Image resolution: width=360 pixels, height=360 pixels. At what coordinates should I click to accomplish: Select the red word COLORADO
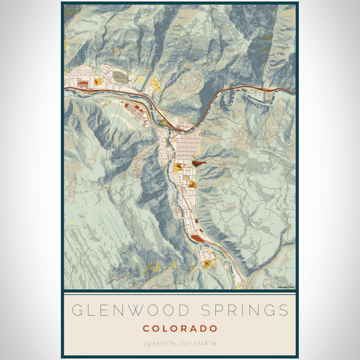pos(180,328)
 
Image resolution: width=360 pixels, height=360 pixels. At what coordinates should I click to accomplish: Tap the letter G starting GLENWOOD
pos(76,311)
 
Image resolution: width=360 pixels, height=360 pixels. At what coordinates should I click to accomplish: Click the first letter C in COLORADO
pos(146,328)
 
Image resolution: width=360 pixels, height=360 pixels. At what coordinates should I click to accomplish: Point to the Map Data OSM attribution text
pos(286,287)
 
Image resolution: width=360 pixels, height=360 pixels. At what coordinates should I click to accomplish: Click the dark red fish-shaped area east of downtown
pos(200,161)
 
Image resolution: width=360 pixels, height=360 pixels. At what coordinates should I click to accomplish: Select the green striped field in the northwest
pos(120,77)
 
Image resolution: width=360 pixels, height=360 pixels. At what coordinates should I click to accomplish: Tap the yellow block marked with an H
pos(206,263)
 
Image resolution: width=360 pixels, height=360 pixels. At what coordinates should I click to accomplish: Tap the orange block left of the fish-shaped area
pos(178,166)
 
